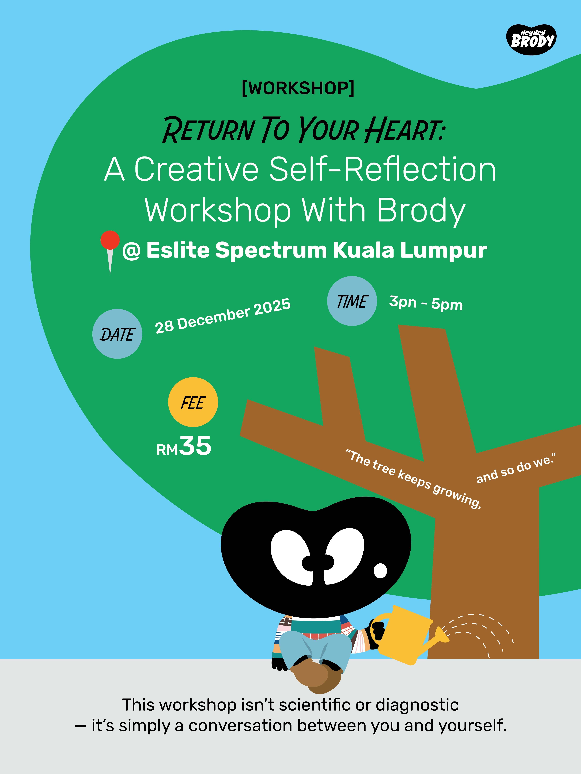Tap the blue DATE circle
(x=117, y=334)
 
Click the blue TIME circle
(x=352, y=301)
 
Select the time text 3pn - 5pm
(x=426, y=303)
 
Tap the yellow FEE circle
(x=193, y=402)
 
